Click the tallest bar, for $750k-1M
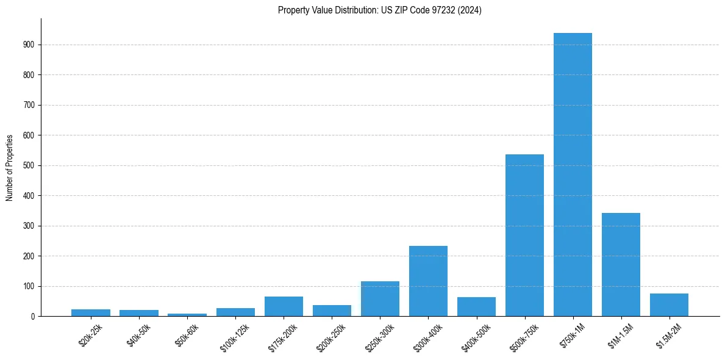[x=573, y=175]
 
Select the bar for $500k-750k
[x=524, y=236]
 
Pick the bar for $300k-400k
[x=428, y=281]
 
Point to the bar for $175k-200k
[x=284, y=306]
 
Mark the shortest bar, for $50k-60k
[x=187, y=315]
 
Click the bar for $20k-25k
[x=91, y=313]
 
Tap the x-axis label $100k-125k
[x=234, y=335]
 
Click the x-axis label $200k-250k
[x=330, y=335]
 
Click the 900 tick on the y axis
[x=29, y=45]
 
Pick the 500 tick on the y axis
[x=29, y=165]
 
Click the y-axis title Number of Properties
[x=10, y=168]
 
